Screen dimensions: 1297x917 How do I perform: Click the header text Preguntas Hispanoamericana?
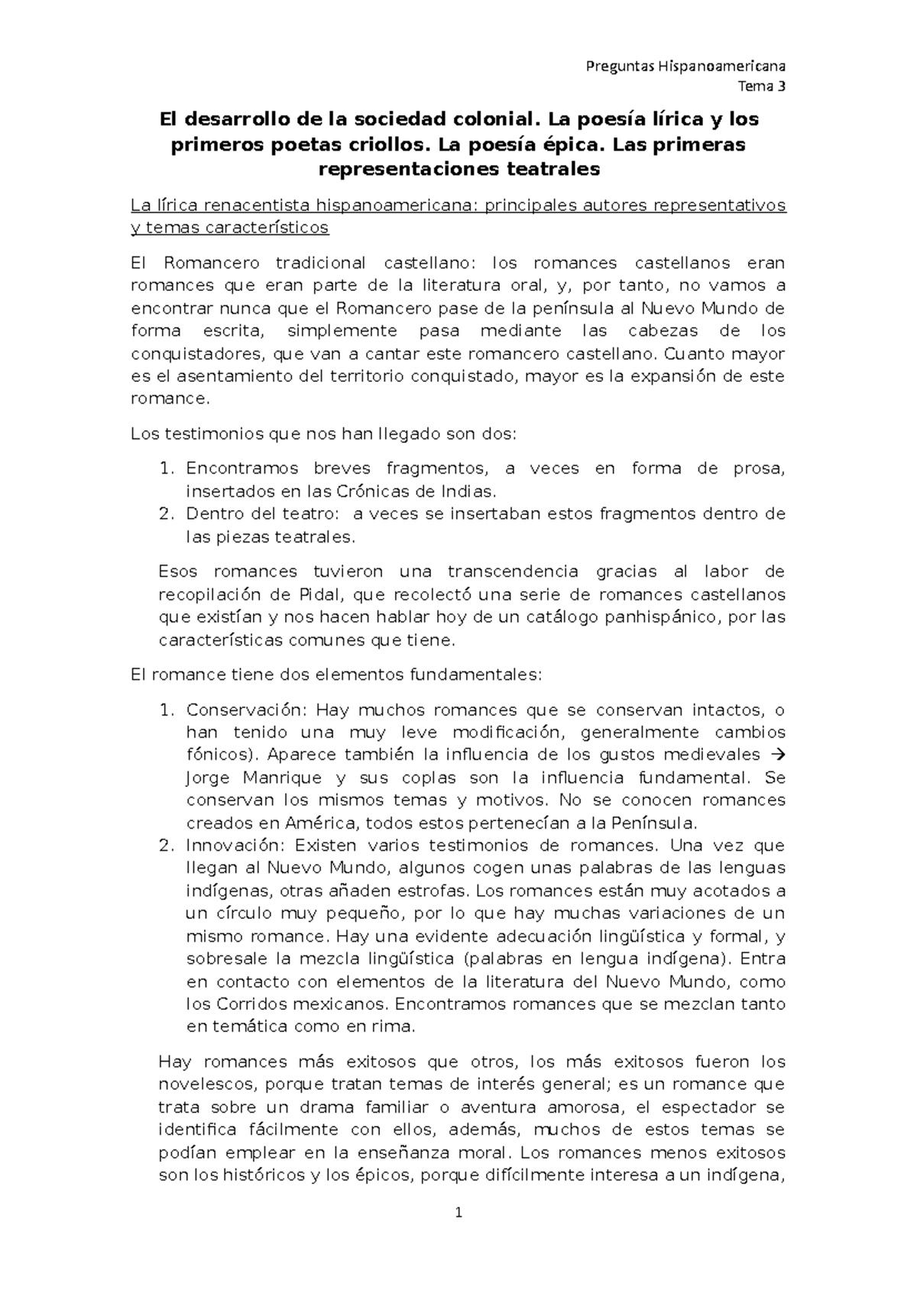coord(685,66)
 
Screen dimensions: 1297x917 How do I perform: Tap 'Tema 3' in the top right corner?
coord(761,86)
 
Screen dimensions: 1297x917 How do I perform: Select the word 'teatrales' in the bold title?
coord(554,170)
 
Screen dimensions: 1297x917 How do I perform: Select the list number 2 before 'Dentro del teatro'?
coord(165,514)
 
